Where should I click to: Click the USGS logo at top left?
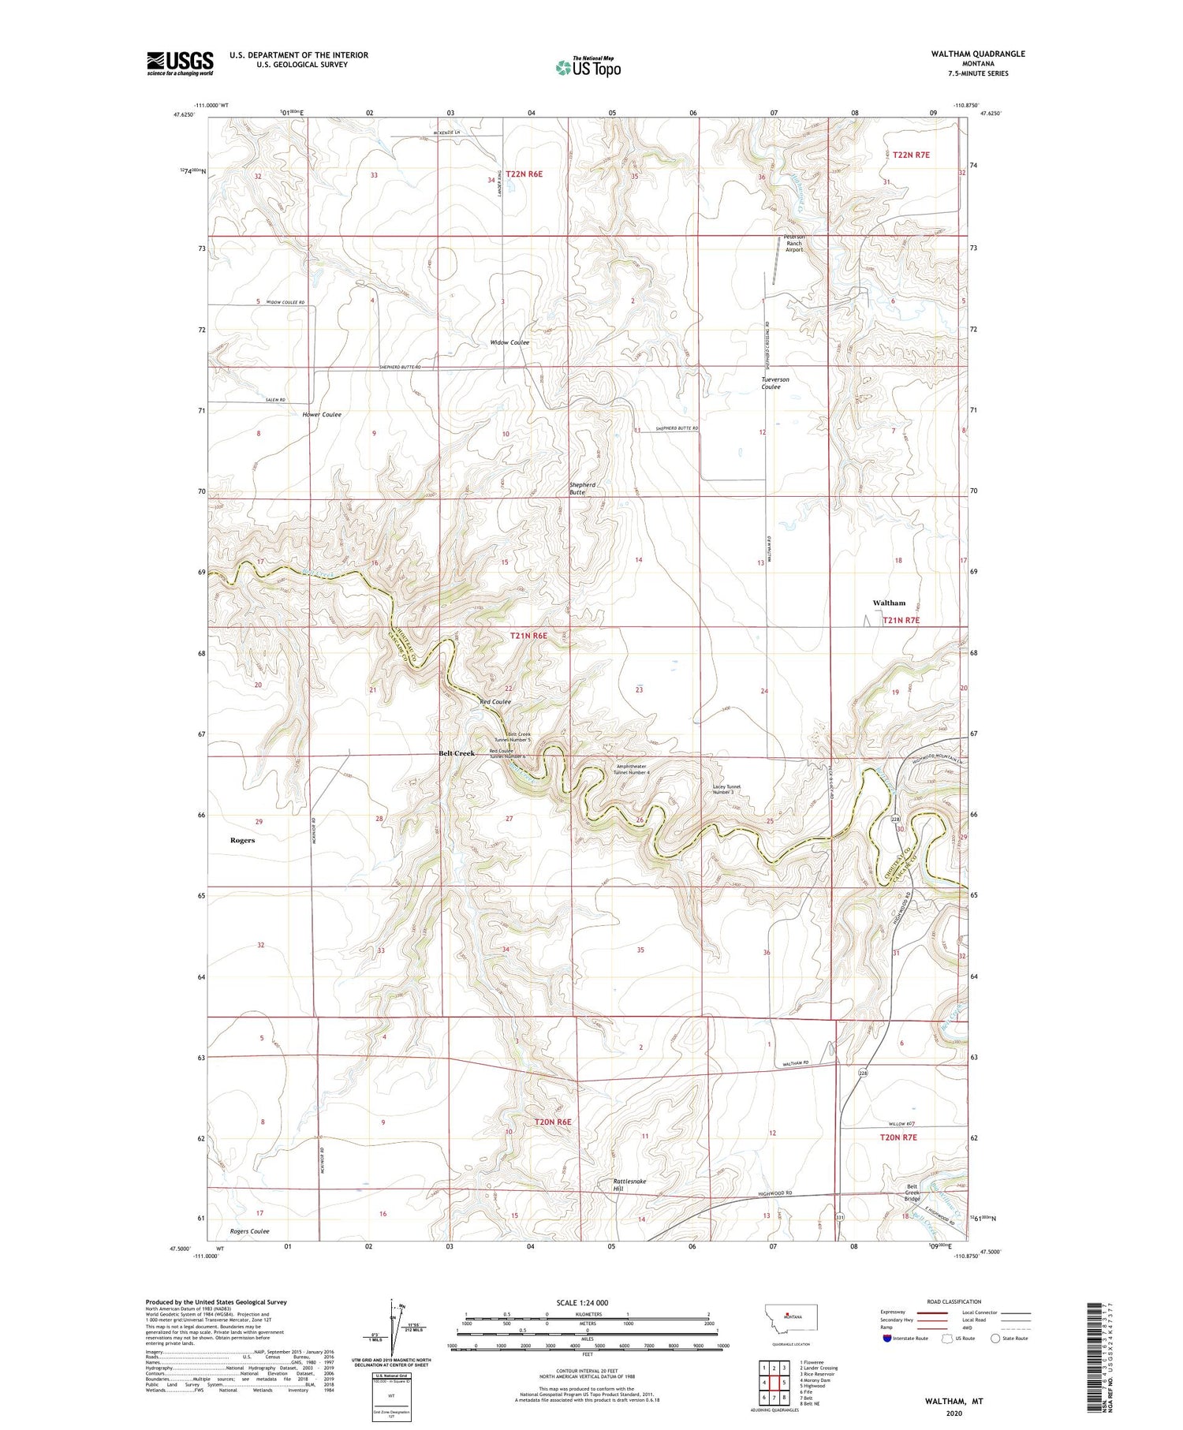pyautogui.click(x=180, y=63)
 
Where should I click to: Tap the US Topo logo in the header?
pyautogui.click(x=588, y=68)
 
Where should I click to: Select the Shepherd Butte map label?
pyautogui.click(x=582, y=488)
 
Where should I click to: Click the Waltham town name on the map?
pyautogui.click(x=889, y=603)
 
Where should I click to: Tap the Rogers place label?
pyautogui.click(x=242, y=840)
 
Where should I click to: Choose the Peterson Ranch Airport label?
pyautogui.click(x=793, y=243)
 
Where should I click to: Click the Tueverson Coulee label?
pyautogui.click(x=774, y=383)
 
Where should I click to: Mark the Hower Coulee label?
pyautogui.click(x=321, y=414)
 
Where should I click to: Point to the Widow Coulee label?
pyautogui.click(x=509, y=342)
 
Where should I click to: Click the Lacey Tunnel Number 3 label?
pyautogui.click(x=728, y=789)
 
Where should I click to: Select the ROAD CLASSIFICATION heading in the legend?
pyautogui.click(x=954, y=1301)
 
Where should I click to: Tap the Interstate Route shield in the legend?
pyautogui.click(x=886, y=1339)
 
